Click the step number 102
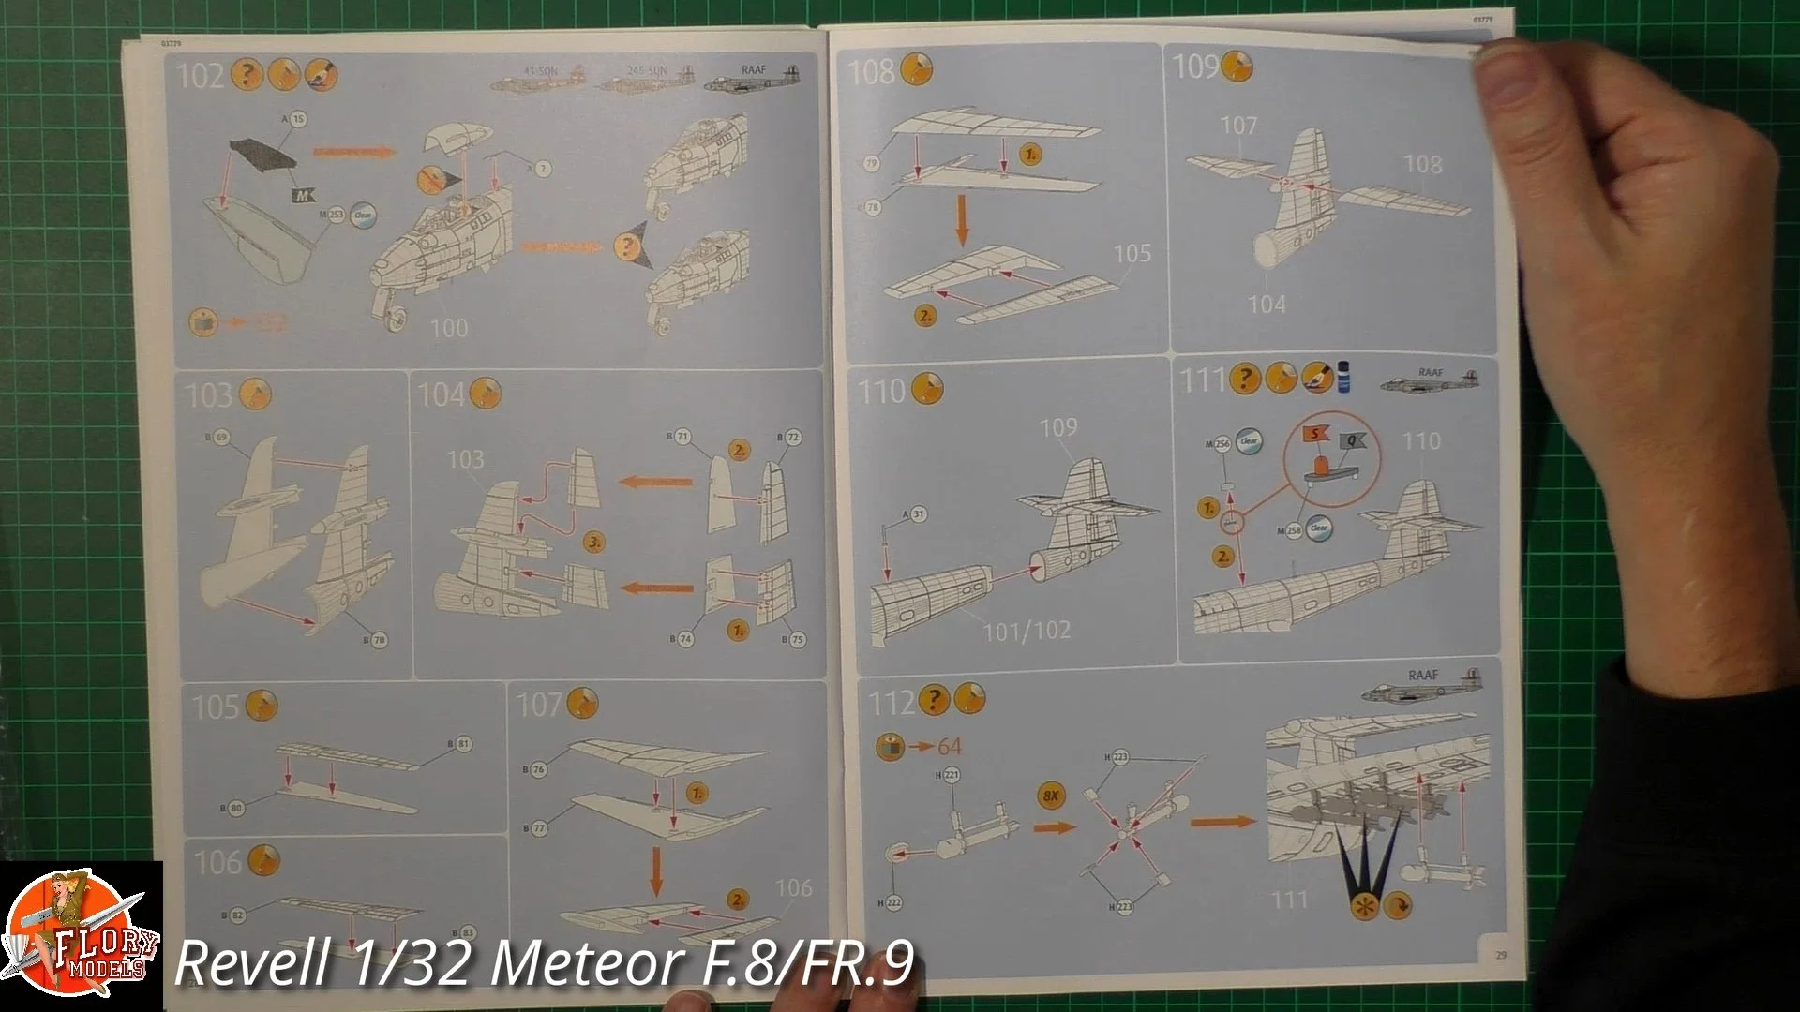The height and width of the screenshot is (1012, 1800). tap(200, 76)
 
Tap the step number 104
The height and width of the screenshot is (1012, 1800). tap(440, 394)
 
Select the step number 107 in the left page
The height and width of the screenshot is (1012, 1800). tap(539, 705)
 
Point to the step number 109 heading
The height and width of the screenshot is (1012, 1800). tap(1195, 67)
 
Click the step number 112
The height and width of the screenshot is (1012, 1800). tap(891, 702)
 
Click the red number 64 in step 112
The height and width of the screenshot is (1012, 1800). tap(949, 747)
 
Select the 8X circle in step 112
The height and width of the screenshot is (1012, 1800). tap(1051, 796)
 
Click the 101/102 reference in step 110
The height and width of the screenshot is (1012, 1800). tap(1026, 631)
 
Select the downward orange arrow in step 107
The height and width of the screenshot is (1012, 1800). tap(656, 870)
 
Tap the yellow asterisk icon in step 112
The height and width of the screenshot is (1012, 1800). tap(1365, 906)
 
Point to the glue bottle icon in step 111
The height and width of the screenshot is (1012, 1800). tap(1343, 379)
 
